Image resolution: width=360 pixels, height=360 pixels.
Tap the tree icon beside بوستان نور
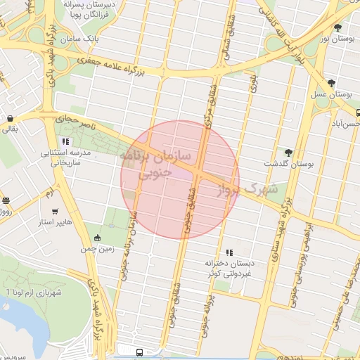coord(338,28)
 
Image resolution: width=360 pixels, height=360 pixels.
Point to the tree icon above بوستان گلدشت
coord(288,152)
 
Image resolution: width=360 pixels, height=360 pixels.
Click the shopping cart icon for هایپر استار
coord(55,211)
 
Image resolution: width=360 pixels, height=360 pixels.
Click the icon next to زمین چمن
coord(97,237)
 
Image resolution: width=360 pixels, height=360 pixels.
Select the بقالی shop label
coord(10,129)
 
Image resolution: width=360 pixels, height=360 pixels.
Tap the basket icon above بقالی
coord(10,118)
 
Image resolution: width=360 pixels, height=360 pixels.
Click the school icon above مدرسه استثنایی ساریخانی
coord(65,141)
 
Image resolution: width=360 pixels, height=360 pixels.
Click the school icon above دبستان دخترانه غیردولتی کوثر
coord(229,252)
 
